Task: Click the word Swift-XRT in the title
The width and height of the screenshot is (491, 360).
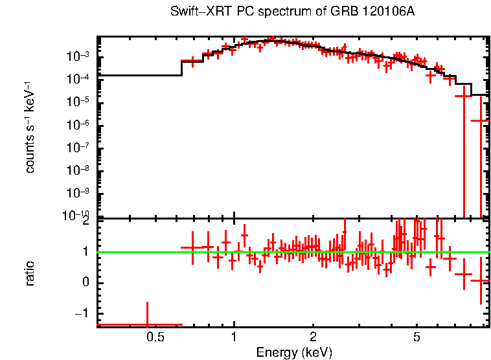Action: click(x=192, y=12)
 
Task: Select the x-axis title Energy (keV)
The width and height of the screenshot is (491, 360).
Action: click(x=294, y=353)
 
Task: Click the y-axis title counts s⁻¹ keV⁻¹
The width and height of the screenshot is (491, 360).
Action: click(x=30, y=127)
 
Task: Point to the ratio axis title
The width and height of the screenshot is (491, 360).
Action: click(x=30, y=273)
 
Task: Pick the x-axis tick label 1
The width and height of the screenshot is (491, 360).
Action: click(x=234, y=337)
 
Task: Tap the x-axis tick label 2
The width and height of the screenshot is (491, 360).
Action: click(x=313, y=337)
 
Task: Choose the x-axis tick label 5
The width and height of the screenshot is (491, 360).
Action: click(x=417, y=337)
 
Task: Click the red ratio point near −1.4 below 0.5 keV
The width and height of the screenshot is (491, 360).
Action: click(x=148, y=324)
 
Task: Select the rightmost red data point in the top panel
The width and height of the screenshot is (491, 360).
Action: click(x=481, y=120)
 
